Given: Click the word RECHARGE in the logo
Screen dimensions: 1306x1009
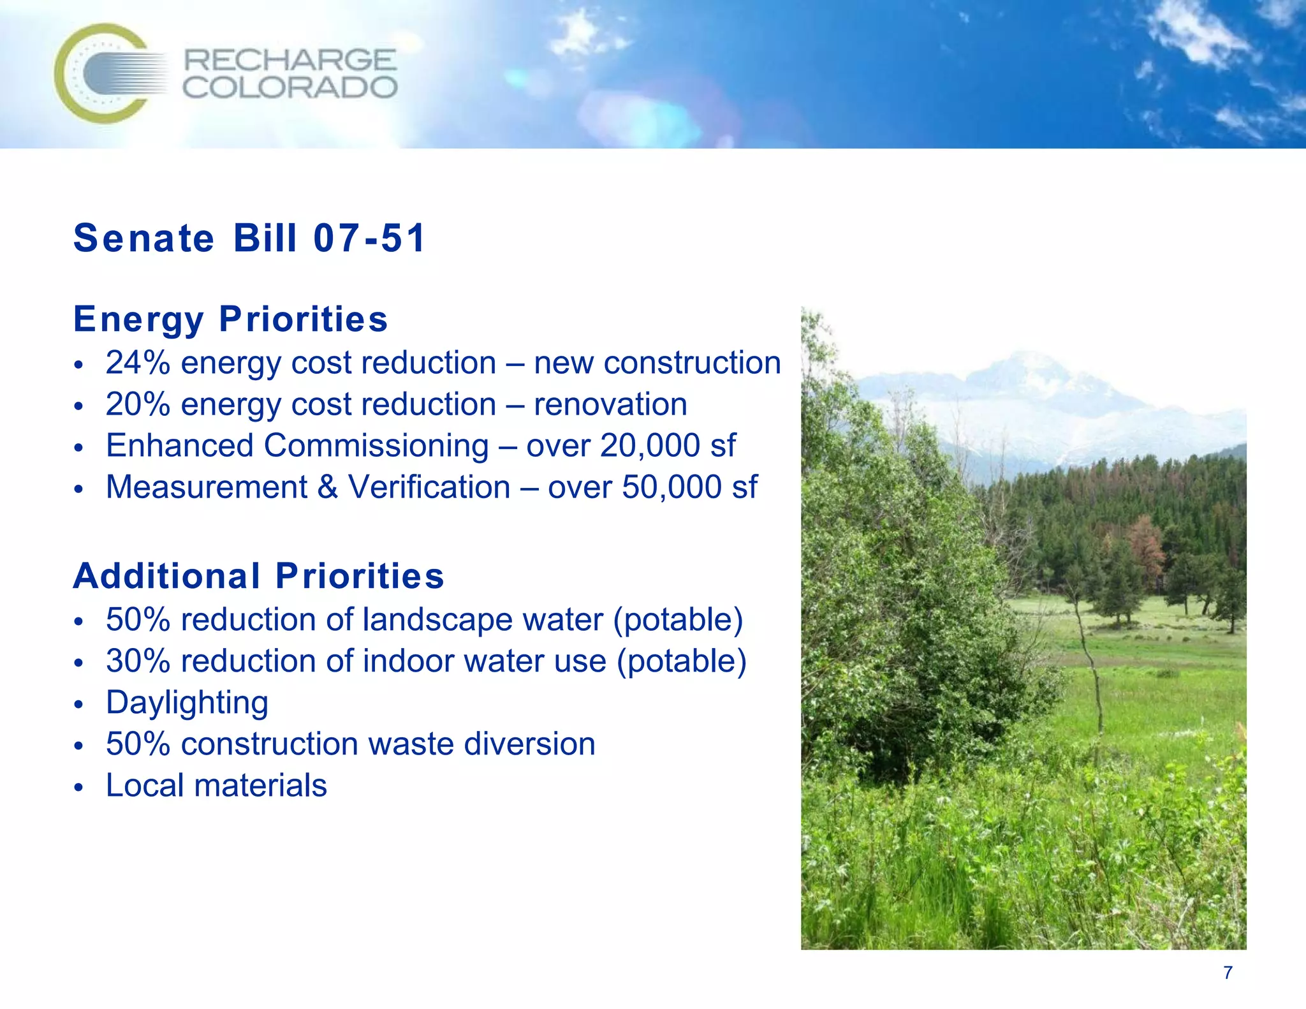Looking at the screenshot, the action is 290,61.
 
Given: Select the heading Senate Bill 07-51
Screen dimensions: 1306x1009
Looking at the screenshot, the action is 249,238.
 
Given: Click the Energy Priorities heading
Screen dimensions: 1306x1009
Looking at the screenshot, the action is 230,319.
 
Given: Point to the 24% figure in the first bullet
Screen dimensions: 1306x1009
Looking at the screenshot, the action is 138,363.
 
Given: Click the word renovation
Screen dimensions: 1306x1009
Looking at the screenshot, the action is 610,404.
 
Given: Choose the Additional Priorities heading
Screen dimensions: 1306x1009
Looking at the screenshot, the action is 258,576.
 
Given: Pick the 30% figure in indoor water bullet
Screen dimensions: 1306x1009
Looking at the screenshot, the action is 138,661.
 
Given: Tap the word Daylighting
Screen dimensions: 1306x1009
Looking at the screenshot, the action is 187,703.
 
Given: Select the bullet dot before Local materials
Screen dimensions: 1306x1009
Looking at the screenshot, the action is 78,787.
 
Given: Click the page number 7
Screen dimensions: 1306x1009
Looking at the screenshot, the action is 1228,973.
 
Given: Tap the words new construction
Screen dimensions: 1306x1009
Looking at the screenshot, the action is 657,363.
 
